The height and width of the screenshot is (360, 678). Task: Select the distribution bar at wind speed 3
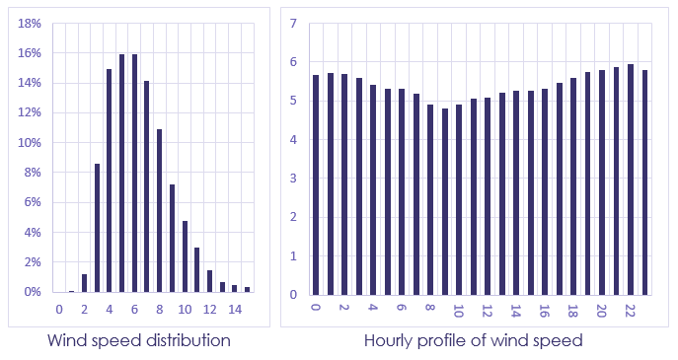[x=97, y=228]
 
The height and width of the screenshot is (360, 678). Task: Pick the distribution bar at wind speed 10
[x=185, y=256]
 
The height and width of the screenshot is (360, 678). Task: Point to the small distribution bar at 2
[x=84, y=283]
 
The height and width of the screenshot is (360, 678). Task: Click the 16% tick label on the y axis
[x=30, y=52]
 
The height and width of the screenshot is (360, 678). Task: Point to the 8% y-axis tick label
[x=33, y=173]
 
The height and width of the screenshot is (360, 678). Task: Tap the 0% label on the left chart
[x=33, y=293]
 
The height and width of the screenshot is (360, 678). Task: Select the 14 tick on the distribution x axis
[x=235, y=310]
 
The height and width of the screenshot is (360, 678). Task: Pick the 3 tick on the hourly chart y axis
[x=293, y=179]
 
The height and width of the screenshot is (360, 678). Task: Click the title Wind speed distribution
[x=139, y=340]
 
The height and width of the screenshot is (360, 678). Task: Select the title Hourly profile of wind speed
[x=473, y=340]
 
